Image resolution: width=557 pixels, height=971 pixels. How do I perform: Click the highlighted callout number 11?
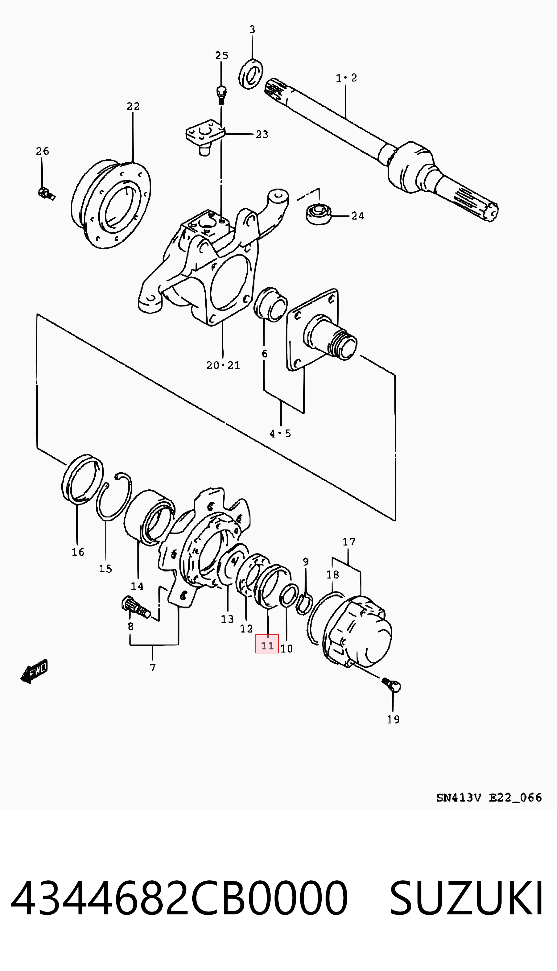[267, 646]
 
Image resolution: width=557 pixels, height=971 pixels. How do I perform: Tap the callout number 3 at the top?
[252, 29]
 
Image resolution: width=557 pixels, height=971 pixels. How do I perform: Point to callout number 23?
[262, 134]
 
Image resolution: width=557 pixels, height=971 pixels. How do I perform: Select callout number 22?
[133, 106]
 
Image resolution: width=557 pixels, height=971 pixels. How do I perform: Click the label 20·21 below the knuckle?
[223, 365]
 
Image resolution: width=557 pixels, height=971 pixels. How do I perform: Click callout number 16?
[78, 552]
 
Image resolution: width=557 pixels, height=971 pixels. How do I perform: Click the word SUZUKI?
[466, 898]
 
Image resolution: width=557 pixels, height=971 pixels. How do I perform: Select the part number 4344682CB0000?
[179, 898]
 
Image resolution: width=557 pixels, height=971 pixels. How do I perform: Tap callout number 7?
[153, 668]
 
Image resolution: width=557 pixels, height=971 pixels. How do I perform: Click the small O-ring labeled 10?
[289, 595]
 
